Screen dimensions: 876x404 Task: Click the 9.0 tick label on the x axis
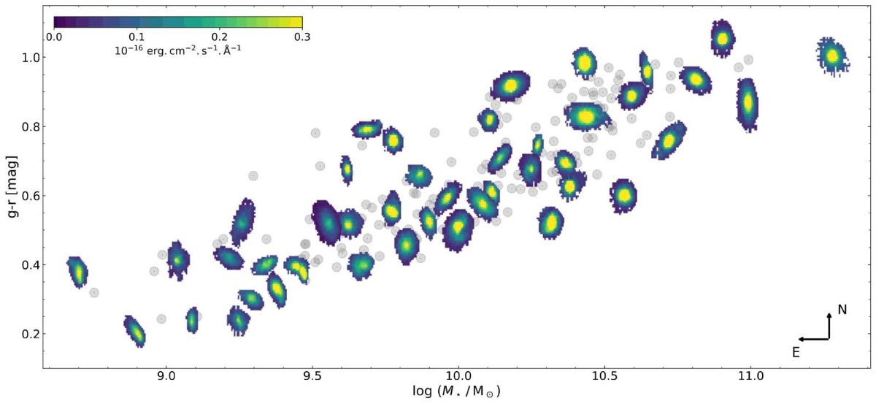click(166, 376)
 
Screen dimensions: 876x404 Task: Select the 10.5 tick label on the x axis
click(604, 376)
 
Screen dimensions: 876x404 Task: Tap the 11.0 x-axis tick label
click(750, 376)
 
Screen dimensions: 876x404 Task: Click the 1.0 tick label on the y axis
click(31, 57)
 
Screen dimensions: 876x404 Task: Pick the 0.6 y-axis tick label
click(31, 196)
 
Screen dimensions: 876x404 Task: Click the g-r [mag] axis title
click(12, 187)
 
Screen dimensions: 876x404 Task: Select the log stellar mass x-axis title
click(457, 391)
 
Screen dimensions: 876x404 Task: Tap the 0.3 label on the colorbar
click(302, 37)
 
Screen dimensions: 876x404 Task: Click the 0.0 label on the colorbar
click(54, 37)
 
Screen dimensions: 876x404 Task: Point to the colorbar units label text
click(178, 50)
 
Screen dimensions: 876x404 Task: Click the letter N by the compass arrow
click(842, 310)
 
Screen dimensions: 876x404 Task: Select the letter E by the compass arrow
click(796, 352)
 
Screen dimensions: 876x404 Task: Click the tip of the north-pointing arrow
click(829, 313)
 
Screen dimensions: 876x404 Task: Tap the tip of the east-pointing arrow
click(799, 339)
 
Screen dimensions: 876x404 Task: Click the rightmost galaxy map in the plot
click(833, 57)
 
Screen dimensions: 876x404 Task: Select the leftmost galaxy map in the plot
click(78, 272)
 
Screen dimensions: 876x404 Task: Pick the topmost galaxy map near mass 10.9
click(723, 39)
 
